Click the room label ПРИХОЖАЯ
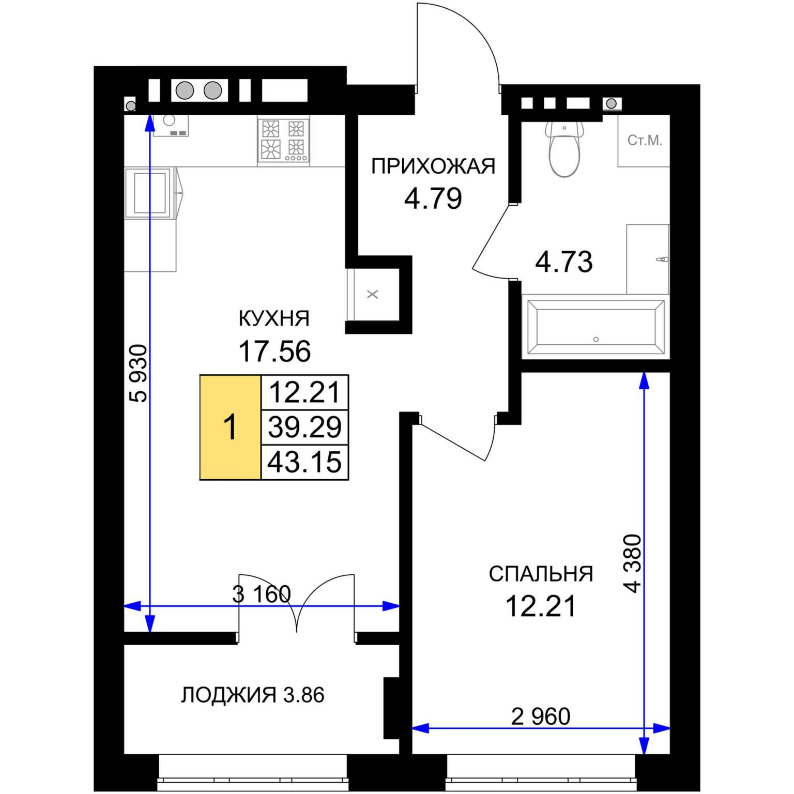tap(433, 166)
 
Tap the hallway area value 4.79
tap(433, 198)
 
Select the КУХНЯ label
tap(274, 318)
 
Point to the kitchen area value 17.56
tap(274, 352)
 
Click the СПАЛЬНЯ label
tap(541, 574)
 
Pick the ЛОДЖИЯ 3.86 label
tap(253, 695)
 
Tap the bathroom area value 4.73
tap(563, 262)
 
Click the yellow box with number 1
tap(230, 427)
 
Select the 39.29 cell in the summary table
tap(305, 427)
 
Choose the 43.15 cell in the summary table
tap(305, 462)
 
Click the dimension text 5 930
tap(139, 373)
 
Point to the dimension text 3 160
tap(262, 594)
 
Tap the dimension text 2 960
tap(541, 716)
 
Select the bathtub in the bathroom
tap(595, 327)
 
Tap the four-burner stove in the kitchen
tap(283, 141)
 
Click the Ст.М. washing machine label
tap(645, 140)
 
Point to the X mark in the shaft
tap(373, 295)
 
